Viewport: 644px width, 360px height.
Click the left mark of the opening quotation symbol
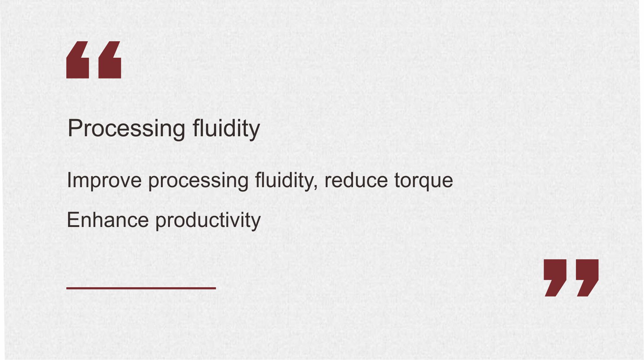coord(77,60)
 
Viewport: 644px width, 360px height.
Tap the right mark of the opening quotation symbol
coord(110,60)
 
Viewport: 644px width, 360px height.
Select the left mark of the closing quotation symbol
coord(555,278)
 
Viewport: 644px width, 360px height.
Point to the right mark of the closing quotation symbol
coord(587,278)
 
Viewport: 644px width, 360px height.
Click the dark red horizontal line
coord(141,288)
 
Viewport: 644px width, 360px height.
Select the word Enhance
coord(108,220)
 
